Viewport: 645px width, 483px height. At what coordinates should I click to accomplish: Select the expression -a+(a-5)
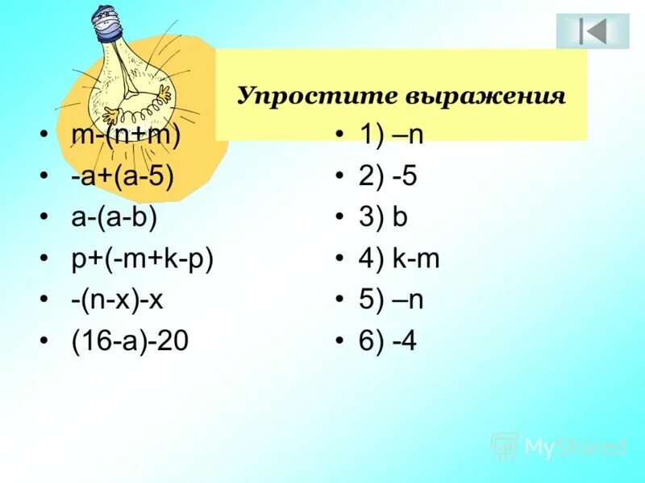122,175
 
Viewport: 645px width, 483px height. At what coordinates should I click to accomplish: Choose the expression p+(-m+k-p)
142,259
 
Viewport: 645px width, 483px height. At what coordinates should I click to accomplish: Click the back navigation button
593,31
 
